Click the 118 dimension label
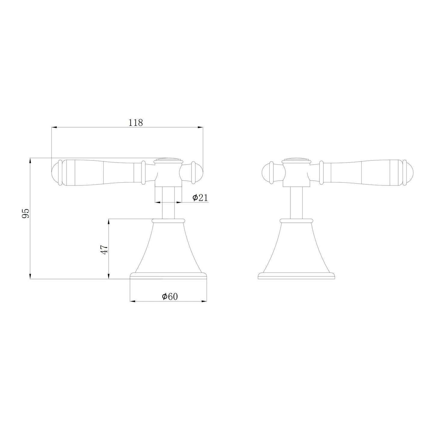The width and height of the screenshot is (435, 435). point(135,123)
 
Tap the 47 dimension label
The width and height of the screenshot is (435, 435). point(104,249)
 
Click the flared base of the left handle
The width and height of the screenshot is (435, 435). point(168,250)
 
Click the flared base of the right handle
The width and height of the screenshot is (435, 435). point(297,250)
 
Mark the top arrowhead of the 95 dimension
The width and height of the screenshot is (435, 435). point(30,160)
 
